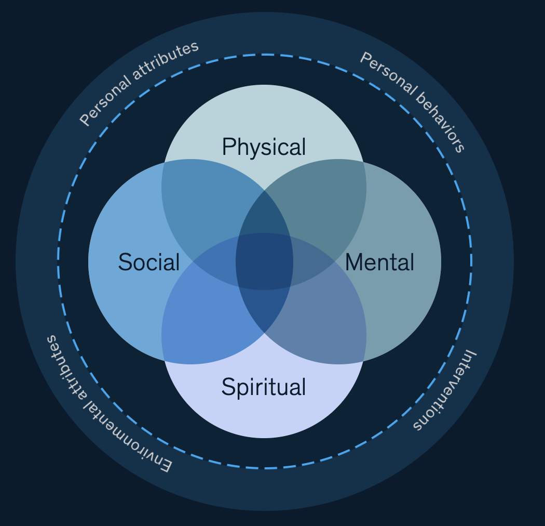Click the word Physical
(264, 147)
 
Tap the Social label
(148, 262)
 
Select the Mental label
(379, 262)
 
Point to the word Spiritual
(264, 387)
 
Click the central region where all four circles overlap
(264, 261)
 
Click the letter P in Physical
(227, 147)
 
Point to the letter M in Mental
(352, 262)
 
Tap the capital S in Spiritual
(227, 387)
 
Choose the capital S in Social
(124, 262)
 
